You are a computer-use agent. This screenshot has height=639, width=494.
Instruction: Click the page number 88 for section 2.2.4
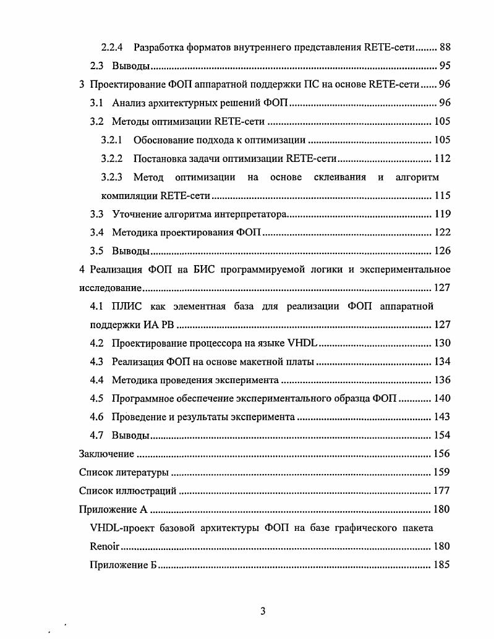point(445,46)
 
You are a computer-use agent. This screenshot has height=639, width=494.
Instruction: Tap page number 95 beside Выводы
point(445,66)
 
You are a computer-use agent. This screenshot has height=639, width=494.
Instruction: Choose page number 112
point(442,158)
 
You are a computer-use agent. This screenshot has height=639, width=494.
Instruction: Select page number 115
point(442,196)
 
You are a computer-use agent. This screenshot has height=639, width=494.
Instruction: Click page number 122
point(442,232)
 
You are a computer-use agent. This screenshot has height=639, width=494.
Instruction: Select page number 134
point(442,362)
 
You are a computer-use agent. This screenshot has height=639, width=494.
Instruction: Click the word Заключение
point(106,454)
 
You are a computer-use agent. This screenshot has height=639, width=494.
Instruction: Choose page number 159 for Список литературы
point(442,473)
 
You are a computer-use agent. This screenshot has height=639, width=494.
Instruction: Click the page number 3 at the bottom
point(262,612)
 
